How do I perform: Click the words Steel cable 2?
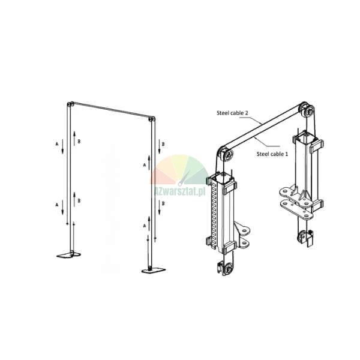click(x=232, y=113)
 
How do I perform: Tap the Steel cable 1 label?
click(x=272, y=154)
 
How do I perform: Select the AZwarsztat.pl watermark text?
click(x=180, y=191)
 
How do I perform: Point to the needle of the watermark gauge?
click(x=184, y=178)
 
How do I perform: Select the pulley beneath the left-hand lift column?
click(x=227, y=268)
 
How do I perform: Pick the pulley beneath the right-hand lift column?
click(x=302, y=236)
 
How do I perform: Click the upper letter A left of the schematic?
click(x=57, y=144)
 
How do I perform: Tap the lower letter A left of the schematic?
click(x=57, y=205)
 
